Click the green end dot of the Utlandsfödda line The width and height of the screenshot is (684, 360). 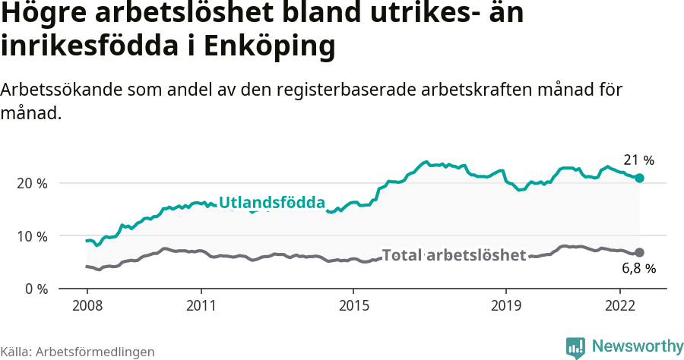640,178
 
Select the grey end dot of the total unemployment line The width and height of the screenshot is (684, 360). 640,252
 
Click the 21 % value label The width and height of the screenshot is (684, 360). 638,160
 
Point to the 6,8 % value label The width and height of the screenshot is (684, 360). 638,268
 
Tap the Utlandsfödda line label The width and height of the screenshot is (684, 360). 272,203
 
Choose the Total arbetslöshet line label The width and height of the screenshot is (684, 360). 454,255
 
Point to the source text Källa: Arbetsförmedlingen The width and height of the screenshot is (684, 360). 78,352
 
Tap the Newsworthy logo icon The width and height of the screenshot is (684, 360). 575,347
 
